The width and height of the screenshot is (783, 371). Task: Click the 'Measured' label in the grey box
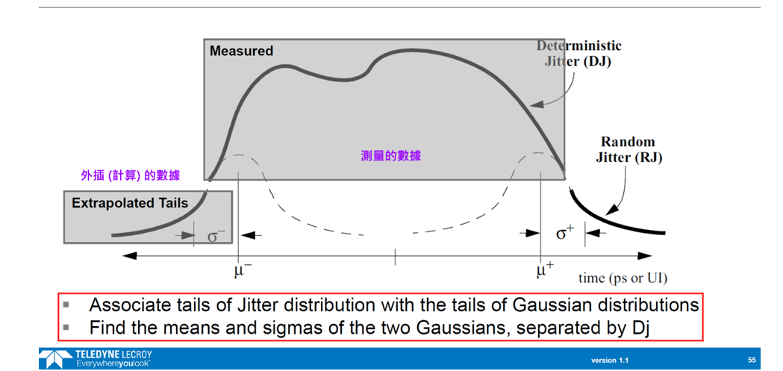coord(241,51)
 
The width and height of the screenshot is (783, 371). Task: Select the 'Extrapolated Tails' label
coord(130,203)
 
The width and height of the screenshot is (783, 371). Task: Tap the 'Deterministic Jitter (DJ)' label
coord(579,54)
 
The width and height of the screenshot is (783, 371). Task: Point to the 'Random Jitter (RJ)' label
coord(628,149)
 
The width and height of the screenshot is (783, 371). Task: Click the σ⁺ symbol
coord(566,232)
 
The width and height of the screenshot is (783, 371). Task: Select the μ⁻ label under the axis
coord(243,271)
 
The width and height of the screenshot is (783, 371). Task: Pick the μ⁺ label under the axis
coord(546,271)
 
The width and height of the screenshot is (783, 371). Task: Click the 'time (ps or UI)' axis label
coord(623,278)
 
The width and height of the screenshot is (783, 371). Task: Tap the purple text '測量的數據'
coord(391,156)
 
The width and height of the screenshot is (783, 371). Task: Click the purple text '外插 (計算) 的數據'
coord(131,175)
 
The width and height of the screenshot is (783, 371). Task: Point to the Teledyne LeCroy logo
coord(96,358)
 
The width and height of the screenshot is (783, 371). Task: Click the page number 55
coord(752,360)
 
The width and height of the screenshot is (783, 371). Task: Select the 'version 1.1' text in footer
coord(610,360)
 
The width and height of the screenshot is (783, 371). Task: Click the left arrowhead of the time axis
coord(129,255)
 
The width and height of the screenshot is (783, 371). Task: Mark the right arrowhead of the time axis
coord(645,255)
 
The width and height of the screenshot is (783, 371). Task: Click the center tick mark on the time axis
coord(395,256)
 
